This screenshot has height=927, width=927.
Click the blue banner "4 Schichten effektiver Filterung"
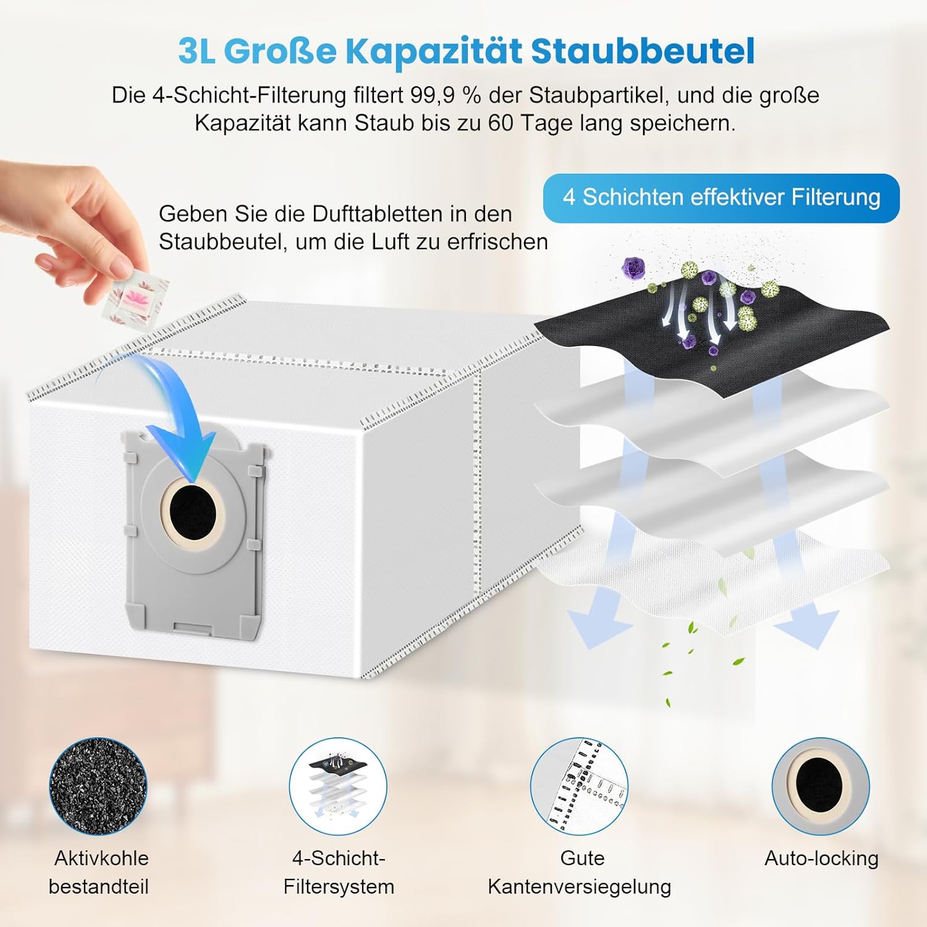(721, 198)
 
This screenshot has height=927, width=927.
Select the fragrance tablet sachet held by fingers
(135, 295)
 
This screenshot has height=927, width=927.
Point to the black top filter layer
(772, 346)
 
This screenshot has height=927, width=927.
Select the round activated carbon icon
(98, 785)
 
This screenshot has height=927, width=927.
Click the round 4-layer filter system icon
(338, 785)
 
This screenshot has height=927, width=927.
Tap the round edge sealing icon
(579, 785)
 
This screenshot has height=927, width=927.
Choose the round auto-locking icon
(820, 785)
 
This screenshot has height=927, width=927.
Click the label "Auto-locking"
(821, 858)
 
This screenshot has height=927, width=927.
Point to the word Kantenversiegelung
(579, 886)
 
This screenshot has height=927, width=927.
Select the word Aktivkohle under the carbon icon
(101, 858)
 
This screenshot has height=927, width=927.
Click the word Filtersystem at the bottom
(339, 886)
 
